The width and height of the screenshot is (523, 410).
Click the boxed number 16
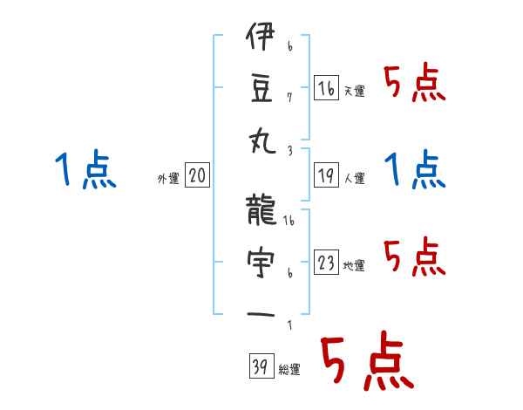(x=326, y=87)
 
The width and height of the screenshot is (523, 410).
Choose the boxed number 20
(x=197, y=176)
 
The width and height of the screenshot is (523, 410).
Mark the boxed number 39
(x=260, y=366)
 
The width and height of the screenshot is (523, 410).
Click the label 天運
(x=354, y=91)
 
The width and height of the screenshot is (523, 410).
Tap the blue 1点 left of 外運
(x=84, y=169)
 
